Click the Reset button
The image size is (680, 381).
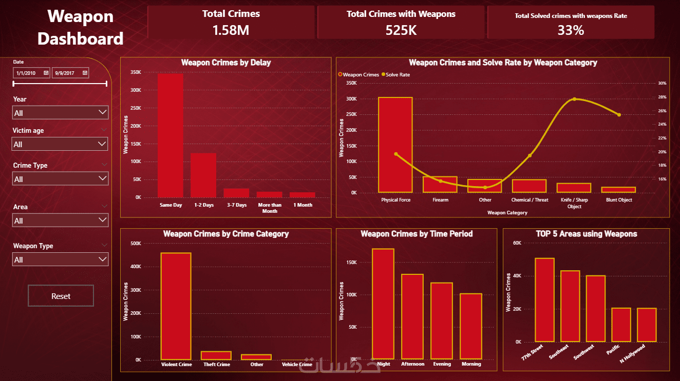point(61,296)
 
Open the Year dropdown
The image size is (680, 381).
point(60,113)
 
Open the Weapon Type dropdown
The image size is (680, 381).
point(60,259)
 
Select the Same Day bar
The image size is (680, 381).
point(171,136)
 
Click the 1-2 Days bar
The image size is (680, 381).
point(203,175)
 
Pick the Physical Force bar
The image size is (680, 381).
point(395,145)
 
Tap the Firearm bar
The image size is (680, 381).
point(440,185)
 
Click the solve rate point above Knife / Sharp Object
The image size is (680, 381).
point(574,99)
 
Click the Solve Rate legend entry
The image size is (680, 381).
point(396,75)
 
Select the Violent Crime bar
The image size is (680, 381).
point(176,306)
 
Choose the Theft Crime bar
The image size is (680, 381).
point(216,355)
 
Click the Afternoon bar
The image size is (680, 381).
point(412,316)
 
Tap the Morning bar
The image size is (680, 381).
point(471,326)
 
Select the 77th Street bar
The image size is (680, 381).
point(544,300)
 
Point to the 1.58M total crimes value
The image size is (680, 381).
point(231,30)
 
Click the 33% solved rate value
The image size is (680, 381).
point(571,30)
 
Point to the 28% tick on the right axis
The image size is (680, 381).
point(662,97)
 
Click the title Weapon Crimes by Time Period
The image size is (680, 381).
point(417,234)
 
